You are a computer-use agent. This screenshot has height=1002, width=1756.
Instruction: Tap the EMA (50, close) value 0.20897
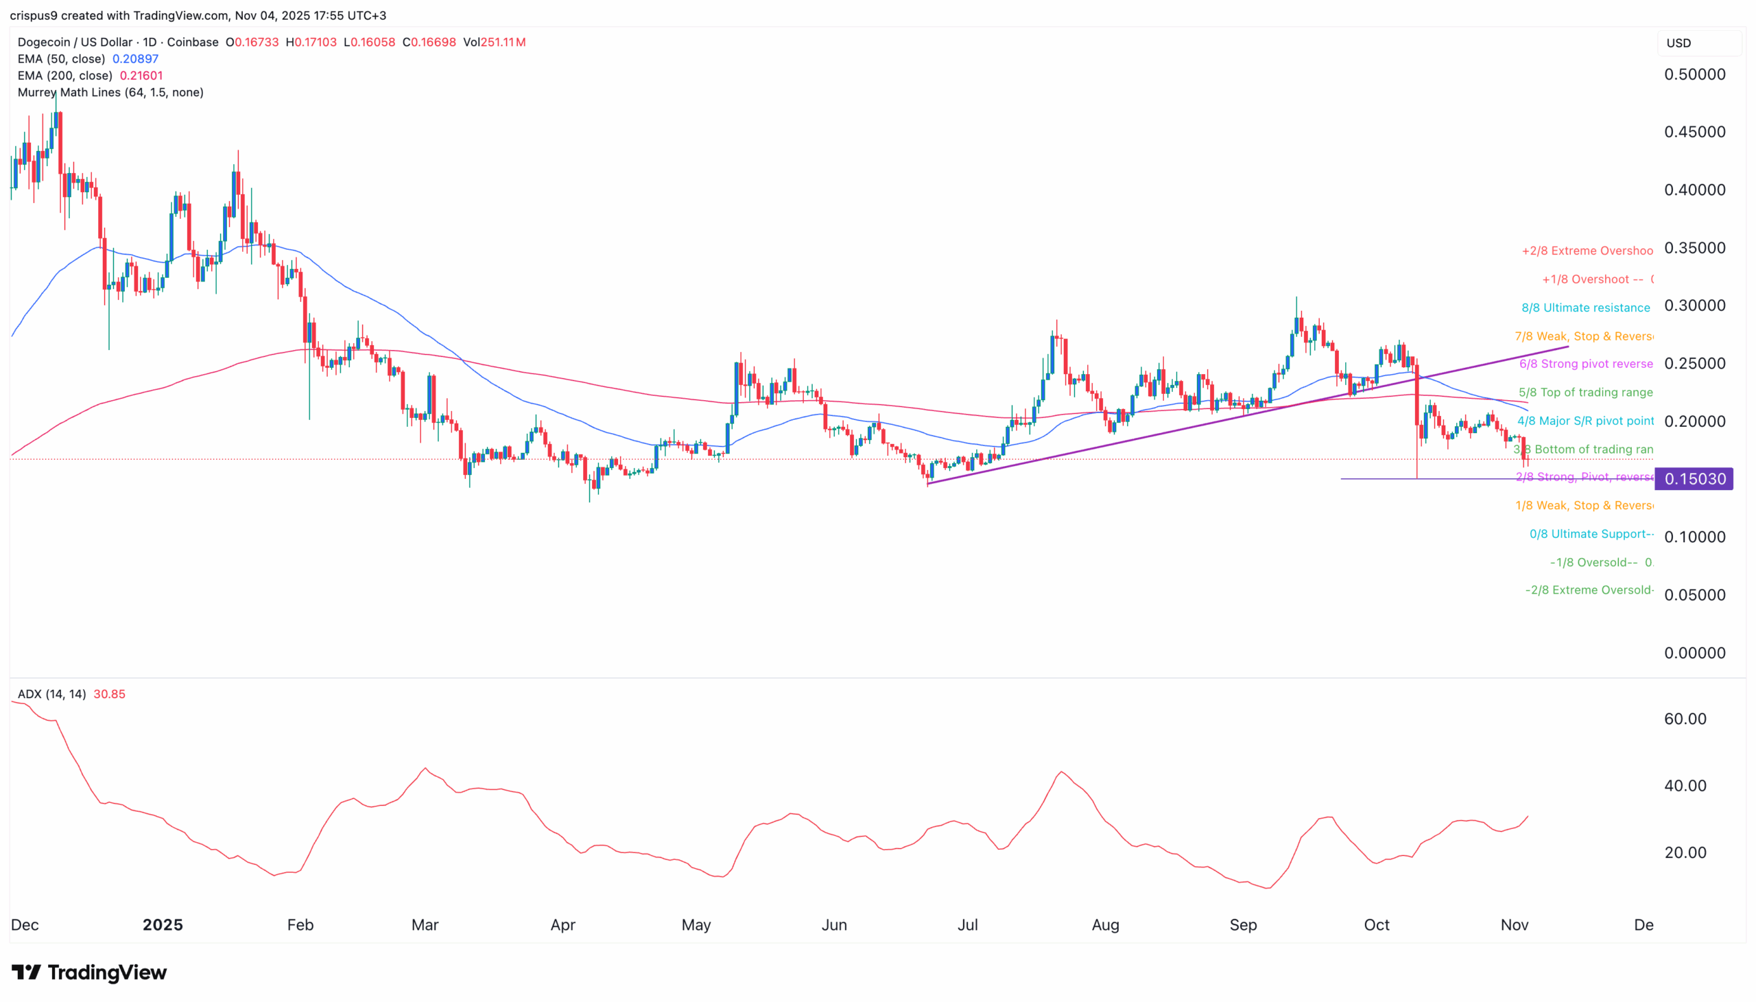click(x=136, y=59)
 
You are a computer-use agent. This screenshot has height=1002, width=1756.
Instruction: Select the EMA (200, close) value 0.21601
click(x=141, y=75)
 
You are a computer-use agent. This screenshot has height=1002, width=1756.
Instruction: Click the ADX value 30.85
click(x=109, y=695)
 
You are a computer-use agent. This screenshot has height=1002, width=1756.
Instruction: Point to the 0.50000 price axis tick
click(x=1694, y=74)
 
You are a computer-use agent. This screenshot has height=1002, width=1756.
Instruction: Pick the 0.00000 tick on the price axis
click(x=1694, y=653)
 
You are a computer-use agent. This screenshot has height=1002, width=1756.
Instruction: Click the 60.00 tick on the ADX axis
click(x=1685, y=719)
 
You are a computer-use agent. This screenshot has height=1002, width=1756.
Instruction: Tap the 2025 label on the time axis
click(x=163, y=925)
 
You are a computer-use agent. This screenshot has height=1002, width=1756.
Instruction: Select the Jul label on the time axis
click(x=967, y=925)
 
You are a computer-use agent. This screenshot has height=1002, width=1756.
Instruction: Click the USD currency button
click(x=1678, y=43)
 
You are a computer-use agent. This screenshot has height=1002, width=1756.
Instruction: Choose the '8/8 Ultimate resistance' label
click(x=1585, y=307)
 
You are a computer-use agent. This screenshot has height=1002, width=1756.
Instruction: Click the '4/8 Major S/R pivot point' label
click(x=1585, y=421)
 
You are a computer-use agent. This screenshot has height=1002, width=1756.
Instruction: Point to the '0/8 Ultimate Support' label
click(x=1590, y=534)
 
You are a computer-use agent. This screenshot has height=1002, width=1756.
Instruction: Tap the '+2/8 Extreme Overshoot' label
click(x=1586, y=250)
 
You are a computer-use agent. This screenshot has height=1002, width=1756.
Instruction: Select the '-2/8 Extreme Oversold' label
click(x=1588, y=590)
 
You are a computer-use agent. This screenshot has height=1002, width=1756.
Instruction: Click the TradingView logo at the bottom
click(x=89, y=972)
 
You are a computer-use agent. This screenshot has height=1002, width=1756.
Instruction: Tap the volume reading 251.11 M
click(x=503, y=43)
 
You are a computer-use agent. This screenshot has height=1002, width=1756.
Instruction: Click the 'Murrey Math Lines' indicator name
click(x=110, y=92)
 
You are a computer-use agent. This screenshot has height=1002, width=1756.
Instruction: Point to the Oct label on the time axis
click(x=1376, y=925)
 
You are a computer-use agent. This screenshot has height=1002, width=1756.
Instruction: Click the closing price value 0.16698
click(x=434, y=43)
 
